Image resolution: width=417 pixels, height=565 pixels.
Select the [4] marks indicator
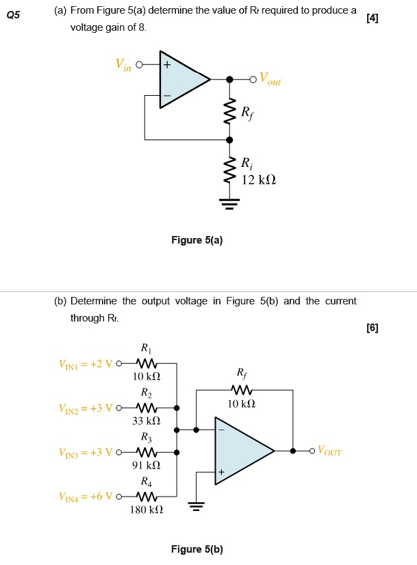coord(372,18)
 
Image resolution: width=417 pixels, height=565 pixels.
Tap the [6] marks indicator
coord(372,328)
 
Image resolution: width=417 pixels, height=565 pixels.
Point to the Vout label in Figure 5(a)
coord(269,80)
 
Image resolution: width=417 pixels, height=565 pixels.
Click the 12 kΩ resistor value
coord(259,179)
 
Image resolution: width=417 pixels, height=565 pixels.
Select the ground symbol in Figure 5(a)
coord(229,203)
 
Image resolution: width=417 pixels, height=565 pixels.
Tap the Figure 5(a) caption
coord(197,240)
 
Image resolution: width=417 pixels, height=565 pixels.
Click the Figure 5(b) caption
coord(197,549)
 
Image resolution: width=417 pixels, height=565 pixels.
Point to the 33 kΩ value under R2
coord(147,421)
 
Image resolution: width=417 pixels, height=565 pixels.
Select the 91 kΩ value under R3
coord(147,465)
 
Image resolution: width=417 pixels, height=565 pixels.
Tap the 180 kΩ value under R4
coord(147,510)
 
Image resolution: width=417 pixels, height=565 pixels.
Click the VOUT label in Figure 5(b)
coord(329,452)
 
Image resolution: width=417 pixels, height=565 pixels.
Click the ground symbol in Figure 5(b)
coord(197,507)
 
